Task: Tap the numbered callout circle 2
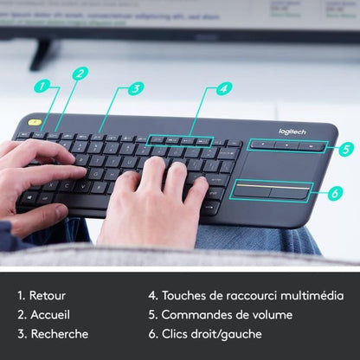(80, 74)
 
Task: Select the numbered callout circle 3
(136, 88)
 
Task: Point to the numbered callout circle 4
(224, 88)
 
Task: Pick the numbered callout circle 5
(346, 148)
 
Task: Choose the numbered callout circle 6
(335, 194)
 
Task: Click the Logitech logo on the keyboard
(292, 132)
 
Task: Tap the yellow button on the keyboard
(34, 123)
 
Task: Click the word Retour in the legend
(48, 295)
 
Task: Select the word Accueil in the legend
(49, 314)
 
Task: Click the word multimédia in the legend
(312, 295)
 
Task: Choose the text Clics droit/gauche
(209, 333)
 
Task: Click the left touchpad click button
(253, 190)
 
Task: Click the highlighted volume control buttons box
(286, 145)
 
